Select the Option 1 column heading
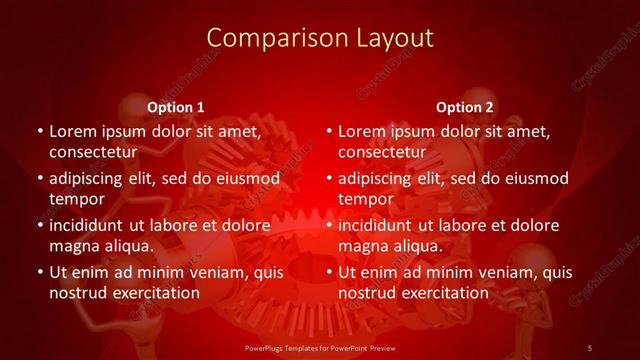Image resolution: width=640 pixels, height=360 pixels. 176,107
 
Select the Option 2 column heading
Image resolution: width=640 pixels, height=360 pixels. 465,107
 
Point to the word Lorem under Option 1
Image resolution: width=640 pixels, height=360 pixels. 74,131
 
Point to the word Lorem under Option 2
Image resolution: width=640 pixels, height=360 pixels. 363,131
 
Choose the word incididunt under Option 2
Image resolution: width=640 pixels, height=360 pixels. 381,225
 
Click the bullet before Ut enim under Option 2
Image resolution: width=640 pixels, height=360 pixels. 330,272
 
